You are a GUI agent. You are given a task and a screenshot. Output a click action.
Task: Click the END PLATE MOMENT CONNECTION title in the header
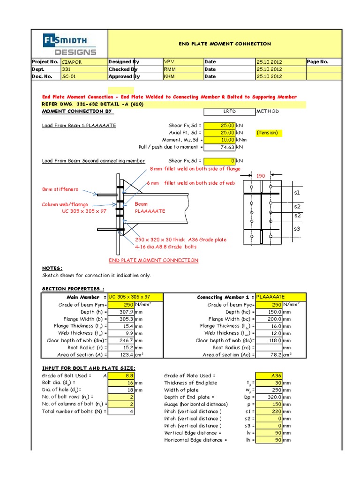click(225, 44)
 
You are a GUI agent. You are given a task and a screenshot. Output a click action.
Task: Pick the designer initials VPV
click(182, 61)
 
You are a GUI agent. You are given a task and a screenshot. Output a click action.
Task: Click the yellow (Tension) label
click(267, 133)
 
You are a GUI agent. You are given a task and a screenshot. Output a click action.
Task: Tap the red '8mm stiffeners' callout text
click(60, 189)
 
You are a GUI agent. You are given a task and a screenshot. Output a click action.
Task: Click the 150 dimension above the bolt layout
click(260, 175)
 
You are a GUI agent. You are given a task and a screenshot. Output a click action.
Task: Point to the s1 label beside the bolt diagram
click(297, 193)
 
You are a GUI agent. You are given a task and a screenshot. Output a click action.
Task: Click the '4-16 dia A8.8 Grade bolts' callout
click(166, 247)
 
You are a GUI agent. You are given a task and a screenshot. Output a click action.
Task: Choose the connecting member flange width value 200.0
click(269, 319)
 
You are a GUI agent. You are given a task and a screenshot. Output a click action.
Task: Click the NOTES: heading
click(52, 268)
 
